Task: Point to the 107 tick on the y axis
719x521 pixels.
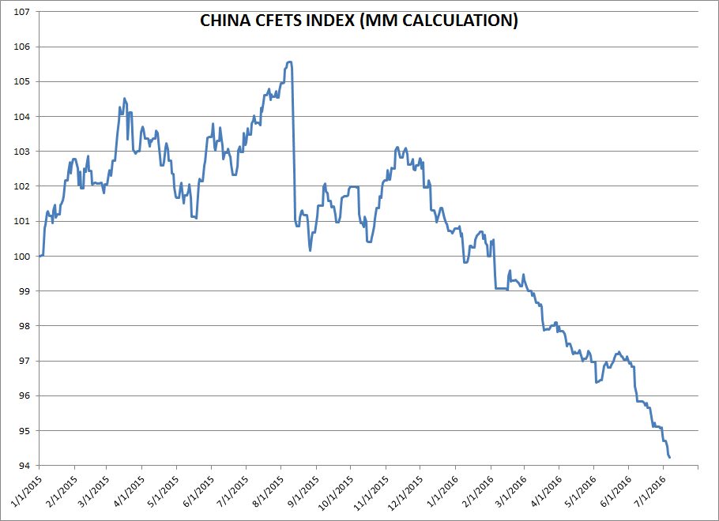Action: coord(22,12)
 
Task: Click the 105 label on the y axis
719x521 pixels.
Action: coord(22,82)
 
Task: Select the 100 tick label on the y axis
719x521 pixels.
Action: coord(22,257)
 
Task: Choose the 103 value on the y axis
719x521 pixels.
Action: coord(22,152)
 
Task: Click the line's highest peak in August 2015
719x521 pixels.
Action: coord(290,62)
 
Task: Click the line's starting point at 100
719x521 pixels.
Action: coord(40,256)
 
